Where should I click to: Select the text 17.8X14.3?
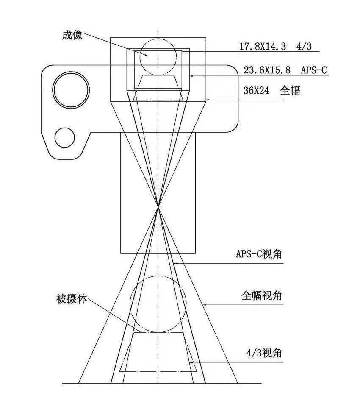(x=263, y=46)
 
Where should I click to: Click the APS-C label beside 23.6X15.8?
(x=313, y=70)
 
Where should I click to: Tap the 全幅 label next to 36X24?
(x=290, y=91)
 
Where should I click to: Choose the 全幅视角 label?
(x=261, y=295)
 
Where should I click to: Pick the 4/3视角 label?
(x=264, y=353)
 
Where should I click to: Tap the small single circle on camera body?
(x=66, y=138)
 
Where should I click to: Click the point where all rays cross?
(x=158, y=207)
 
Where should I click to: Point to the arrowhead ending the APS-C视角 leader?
(x=175, y=263)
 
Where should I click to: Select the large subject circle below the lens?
(x=158, y=304)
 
